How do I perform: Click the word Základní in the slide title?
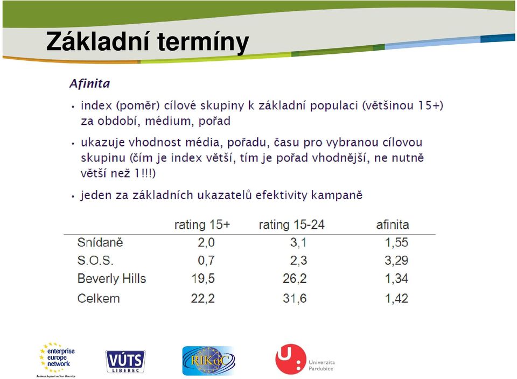click(x=98, y=41)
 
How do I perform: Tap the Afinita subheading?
click(x=90, y=83)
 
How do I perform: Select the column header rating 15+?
click(x=202, y=225)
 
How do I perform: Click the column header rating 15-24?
click(x=291, y=225)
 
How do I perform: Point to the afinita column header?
click(x=393, y=225)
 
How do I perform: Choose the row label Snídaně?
click(x=100, y=242)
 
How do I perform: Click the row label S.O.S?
click(x=95, y=261)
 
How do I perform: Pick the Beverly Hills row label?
click(x=111, y=278)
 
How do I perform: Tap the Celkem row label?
click(x=98, y=298)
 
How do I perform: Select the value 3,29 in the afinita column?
click(x=396, y=261)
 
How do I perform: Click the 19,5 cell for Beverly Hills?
click(x=203, y=278)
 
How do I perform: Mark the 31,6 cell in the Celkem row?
click(x=295, y=298)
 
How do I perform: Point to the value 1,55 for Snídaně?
click(x=397, y=242)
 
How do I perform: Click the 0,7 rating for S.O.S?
click(x=206, y=261)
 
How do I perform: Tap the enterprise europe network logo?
click(x=56, y=360)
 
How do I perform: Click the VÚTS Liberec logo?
click(x=125, y=362)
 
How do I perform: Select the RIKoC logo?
click(x=208, y=361)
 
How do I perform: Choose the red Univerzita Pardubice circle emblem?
click(x=290, y=359)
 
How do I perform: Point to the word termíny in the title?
click(x=203, y=42)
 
